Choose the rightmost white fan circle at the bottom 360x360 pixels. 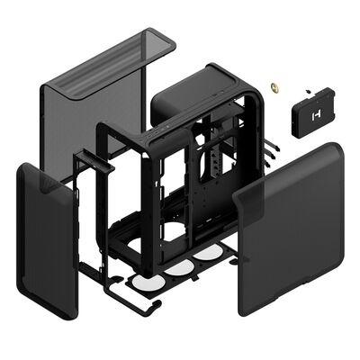tap(207, 255)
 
